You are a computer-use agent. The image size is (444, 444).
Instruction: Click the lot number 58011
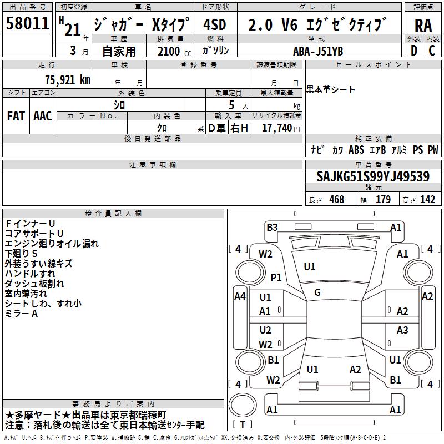27,23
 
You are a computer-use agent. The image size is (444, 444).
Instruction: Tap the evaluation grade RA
423,26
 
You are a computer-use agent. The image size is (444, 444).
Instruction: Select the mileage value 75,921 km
68,79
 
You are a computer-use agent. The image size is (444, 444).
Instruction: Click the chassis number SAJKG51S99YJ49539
373,176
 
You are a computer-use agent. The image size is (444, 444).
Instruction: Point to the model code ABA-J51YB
318,51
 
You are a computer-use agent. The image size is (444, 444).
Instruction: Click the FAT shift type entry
16,116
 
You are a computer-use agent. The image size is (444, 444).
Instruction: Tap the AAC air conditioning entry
43,116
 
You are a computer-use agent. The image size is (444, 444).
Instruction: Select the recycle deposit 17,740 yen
281,128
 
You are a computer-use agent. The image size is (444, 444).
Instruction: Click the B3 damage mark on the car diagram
272,228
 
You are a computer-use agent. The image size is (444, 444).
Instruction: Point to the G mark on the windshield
317,292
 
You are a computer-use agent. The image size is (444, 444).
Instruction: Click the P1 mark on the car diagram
276,277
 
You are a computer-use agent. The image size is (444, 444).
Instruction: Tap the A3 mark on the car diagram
402,330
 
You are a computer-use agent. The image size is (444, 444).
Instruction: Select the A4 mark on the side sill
240,296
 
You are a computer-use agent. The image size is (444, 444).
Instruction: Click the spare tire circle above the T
243,405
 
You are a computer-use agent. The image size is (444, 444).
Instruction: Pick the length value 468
337,200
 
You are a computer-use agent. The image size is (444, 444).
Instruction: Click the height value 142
427,200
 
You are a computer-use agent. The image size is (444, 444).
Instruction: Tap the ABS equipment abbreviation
356,150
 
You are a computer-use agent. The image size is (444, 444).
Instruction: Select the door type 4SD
215,24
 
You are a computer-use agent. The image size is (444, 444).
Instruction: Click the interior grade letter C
432,51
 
